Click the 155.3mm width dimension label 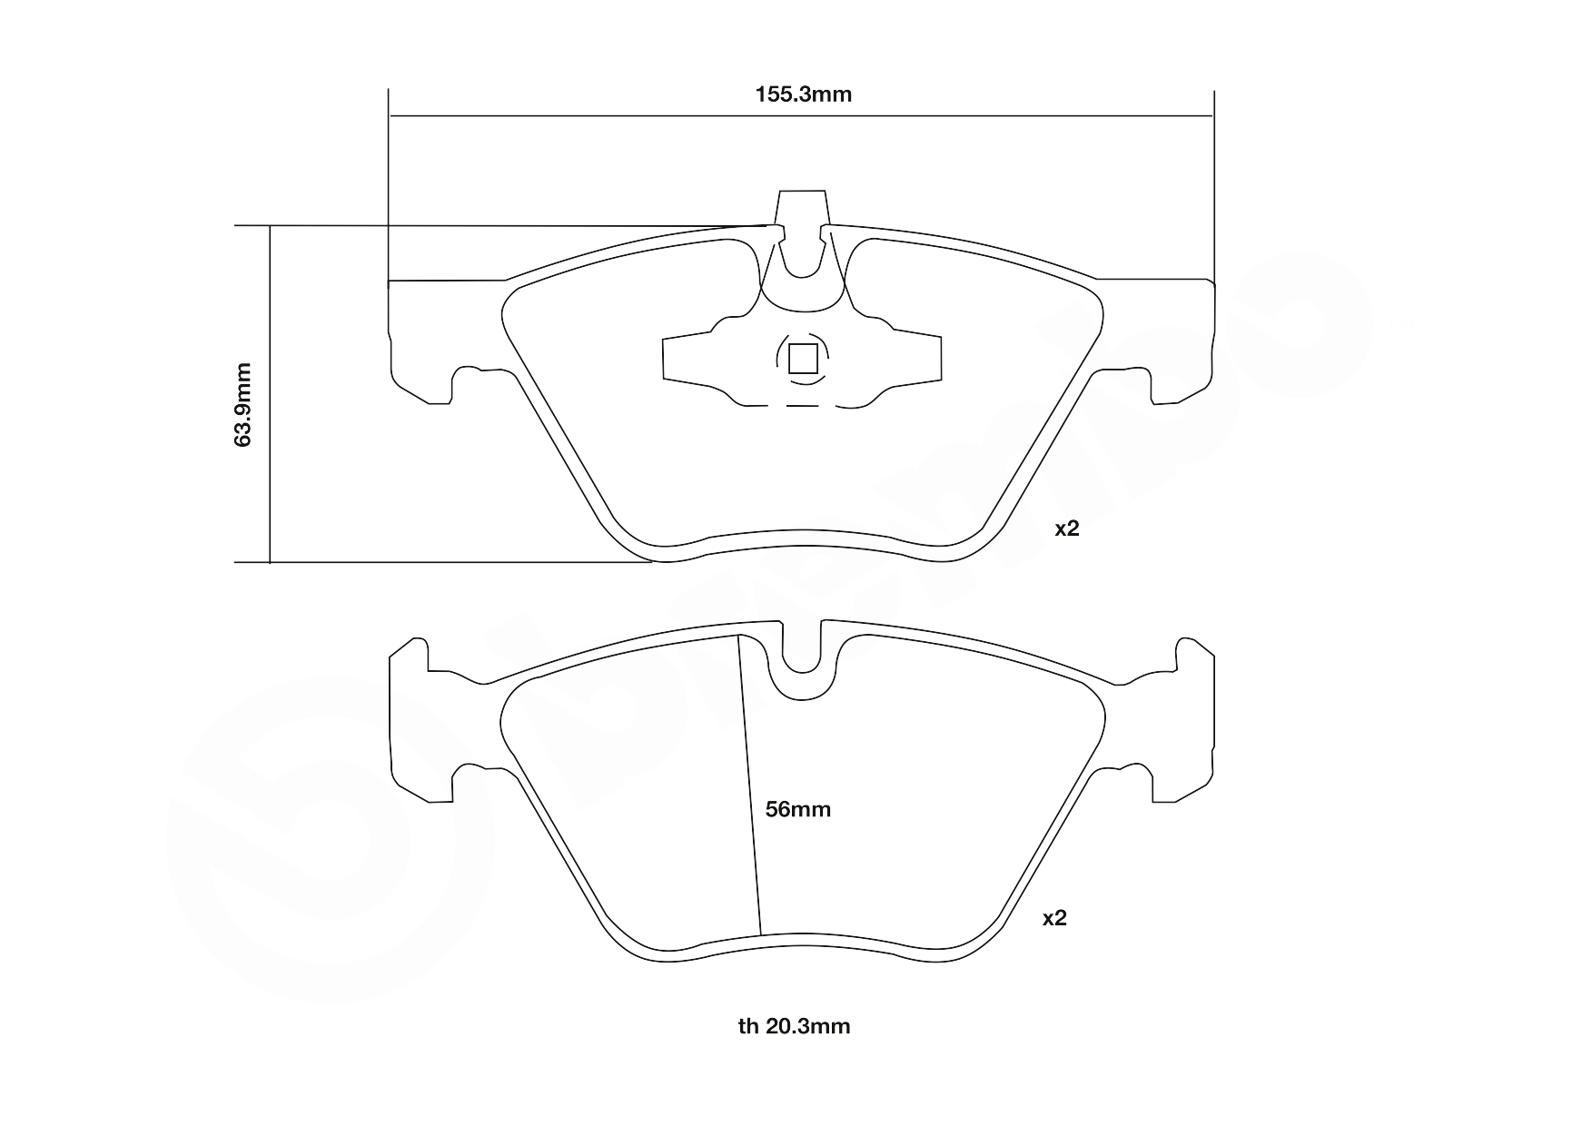pyautogui.click(x=804, y=94)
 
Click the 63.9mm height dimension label pyautogui.click(x=242, y=404)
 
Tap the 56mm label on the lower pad pyautogui.click(x=797, y=809)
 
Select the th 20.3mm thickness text pyautogui.click(x=794, y=1026)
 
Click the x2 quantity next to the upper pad pyautogui.click(x=1066, y=528)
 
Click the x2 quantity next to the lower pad pyautogui.click(x=1053, y=918)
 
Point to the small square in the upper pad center pyautogui.click(x=803, y=359)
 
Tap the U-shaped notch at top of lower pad pyautogui.click(x=802, y=654)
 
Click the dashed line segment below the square pyautogui.click(x=802, y=406)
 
